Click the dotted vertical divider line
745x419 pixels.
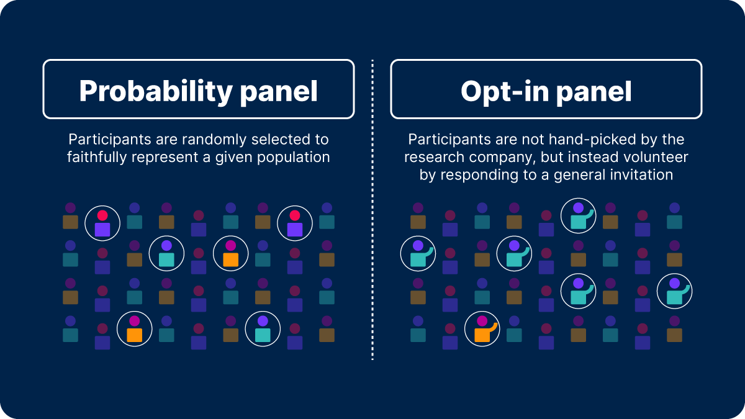click(x=372, y=211)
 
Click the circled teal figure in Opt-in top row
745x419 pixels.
click(x=578, y=215)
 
